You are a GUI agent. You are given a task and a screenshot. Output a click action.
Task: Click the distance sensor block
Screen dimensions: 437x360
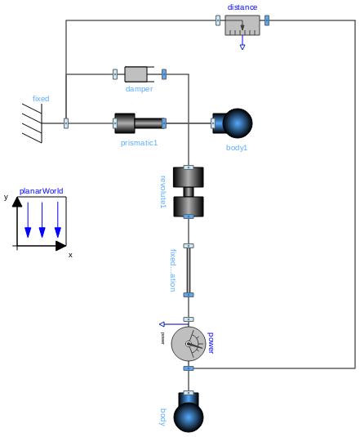(x=242, y=25)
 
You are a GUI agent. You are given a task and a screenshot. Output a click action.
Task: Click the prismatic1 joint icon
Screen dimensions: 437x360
(x=140, y=123)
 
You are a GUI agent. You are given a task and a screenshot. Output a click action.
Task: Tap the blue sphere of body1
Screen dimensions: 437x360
(x=238, y=123)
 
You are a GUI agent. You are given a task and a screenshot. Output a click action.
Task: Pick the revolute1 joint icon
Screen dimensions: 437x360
(x=189, y=192)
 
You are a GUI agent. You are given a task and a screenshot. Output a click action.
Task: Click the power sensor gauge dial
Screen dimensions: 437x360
(x=189, y=344)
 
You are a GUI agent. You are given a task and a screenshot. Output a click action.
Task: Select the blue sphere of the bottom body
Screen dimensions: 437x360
(x=189, y=417)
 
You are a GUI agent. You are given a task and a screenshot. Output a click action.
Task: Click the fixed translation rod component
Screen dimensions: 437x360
(x=189, y=270)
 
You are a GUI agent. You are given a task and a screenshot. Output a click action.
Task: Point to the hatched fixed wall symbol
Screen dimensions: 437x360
(x=33, y=123)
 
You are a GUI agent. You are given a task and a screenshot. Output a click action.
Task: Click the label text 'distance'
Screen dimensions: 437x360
(x=242, y=7)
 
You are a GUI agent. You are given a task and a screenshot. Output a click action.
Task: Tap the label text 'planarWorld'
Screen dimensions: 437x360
(x=42, y=190)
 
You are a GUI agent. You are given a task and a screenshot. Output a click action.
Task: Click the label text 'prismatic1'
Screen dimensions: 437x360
(x=139, y=143)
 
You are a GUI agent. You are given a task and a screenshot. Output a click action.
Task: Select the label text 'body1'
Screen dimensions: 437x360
(x=237, y=148)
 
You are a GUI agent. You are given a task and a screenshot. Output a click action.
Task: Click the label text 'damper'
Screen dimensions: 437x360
(x=139, y=89)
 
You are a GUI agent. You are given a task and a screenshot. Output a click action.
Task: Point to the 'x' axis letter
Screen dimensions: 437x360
(x=70, y=255)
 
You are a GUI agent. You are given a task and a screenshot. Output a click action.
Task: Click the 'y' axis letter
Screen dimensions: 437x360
(x=6, y=197)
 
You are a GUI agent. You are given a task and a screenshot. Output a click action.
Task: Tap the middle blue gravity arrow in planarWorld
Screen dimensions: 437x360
(x=42, y=221)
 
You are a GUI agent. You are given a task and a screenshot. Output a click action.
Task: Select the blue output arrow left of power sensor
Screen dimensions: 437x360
(x=163, y=324)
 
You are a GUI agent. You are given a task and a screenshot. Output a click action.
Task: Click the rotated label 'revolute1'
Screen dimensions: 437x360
(x=163, y=191)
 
